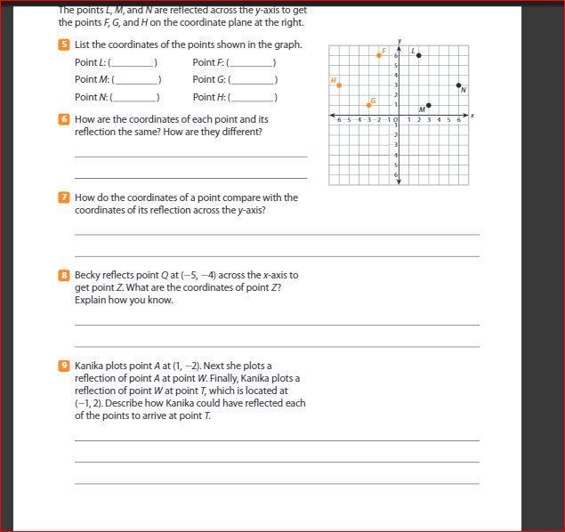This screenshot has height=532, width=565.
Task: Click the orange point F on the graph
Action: click(x=379, y=55)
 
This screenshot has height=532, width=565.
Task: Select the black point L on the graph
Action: click(x=419, y=55)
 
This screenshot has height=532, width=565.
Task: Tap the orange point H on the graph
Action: click(x=339, y=85)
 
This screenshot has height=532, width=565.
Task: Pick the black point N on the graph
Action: click(x=459, y=85)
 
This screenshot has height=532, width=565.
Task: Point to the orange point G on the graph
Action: click(x=369, y=105)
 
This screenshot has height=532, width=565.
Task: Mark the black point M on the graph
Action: click(x=429, y=105)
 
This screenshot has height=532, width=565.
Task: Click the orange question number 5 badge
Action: click(x=64, y=44)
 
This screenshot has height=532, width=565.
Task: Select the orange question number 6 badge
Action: click(x=64, y=119)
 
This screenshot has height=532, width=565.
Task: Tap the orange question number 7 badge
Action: click(x=64, y=197)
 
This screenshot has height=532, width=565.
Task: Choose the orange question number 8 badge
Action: click(x=64, y=276)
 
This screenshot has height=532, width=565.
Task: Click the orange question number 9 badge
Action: click(x=64, y=366)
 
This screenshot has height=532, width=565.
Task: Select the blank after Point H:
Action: click(x=254, y=99)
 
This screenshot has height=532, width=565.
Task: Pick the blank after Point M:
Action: click(x=137, y=81)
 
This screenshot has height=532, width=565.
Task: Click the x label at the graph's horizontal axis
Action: click(x=472, y=116)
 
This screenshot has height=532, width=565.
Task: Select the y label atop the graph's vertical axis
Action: click(x=400, y=41)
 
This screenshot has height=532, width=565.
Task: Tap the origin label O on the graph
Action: click(x=394, y=120)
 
